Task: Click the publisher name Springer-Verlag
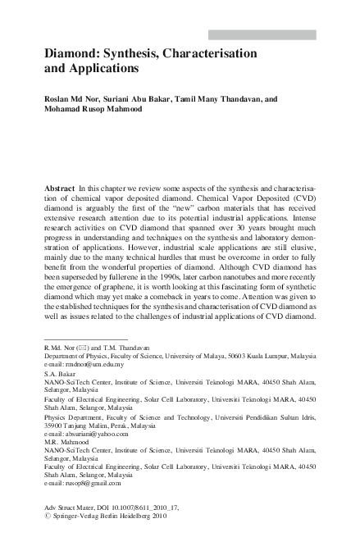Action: click(x=83, y=516)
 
